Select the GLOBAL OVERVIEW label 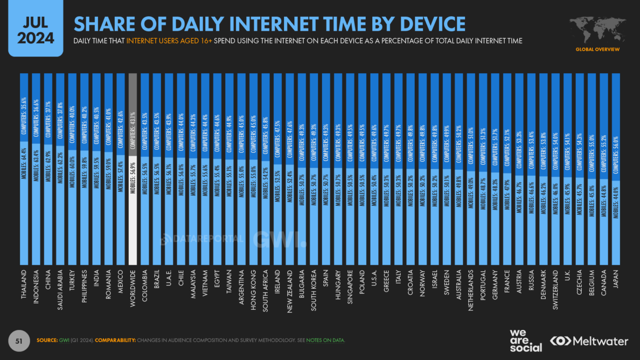(x=597, y=50)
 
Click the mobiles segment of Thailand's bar (x=24, y=199)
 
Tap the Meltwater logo (x=589, y=341)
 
